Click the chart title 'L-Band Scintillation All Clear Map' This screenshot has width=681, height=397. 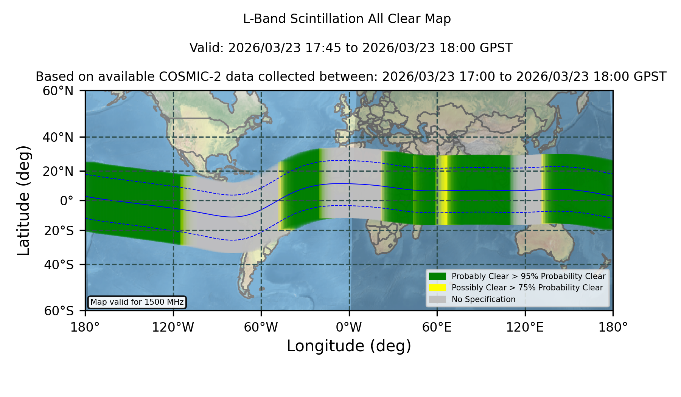(347, 19)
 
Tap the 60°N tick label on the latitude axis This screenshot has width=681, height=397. (58, 91)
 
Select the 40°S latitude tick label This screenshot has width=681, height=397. (59, 265)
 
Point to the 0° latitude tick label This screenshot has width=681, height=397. (67, 201)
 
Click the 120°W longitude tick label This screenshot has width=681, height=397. (173, 327)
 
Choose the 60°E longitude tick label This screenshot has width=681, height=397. (437, 327)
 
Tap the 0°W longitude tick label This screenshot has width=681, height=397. (349, 327)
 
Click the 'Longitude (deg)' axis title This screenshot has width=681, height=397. (349, 346)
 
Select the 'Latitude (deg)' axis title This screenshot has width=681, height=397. (23, 200)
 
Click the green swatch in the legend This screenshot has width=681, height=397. (438, 276)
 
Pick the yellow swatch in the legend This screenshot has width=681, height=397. (438, 288)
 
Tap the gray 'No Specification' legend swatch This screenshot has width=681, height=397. (438, 299)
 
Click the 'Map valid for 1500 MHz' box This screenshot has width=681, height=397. (137, 302)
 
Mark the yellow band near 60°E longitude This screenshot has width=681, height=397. (443, 190)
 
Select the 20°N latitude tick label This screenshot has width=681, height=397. (58, 171)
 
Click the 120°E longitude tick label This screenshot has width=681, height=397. (525, 327)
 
